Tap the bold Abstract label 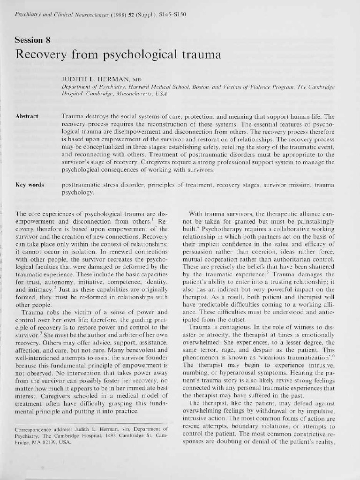pos(26,116)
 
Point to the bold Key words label pos(30,185)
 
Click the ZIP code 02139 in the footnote pos(51,442)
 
